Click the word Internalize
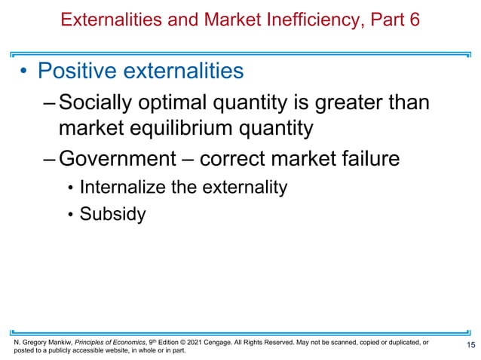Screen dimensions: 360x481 pyautogui.click(x=124, y=188)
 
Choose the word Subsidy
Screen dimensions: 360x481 pyautogui.click(x=112, y=214)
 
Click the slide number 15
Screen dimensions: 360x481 pyautogui.click(x=470, y=345)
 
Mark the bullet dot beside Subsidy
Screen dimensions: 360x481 pyautogui.click(x=71, y=215)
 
